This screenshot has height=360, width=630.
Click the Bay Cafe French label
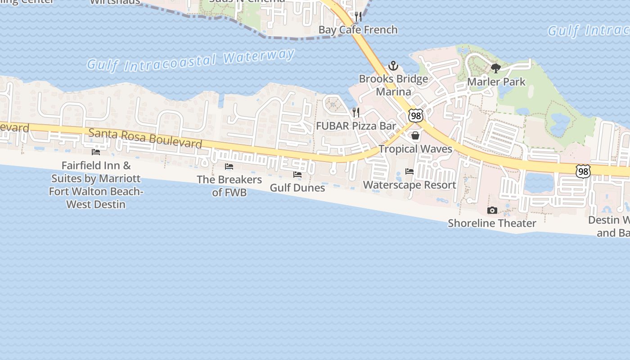click(x=358, y=30)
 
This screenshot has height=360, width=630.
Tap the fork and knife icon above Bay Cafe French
click(x=358, y=17)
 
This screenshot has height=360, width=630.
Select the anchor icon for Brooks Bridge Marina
click(x=393, y=66)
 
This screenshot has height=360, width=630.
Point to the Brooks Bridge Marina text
click(x=393, y=85)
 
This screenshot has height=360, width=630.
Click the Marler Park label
click(x=496, y=82)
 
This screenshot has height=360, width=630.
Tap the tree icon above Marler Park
click(x=496, y=69)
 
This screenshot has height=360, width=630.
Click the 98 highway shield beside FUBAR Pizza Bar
click(x=416, y=116)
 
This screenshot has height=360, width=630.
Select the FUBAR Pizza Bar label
click(x=356, y=126)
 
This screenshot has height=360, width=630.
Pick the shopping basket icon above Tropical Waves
click(x=415, y=135)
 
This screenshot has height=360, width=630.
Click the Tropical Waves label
click(x=415, y=148)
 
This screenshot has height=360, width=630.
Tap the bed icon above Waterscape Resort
click(x=409, y=171)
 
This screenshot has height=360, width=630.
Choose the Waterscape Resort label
click(x=409, y=185)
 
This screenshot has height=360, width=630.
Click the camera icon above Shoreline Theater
click(x=492, y=210)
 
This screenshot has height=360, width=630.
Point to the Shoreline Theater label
click(x=492, y=223)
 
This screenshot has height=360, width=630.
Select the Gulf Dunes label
click(x=297, y=188)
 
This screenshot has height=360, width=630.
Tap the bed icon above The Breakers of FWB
click(x=229, y=166)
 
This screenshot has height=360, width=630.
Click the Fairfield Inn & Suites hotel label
click(x=95, y=185)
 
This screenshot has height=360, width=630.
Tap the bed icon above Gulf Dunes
click(x=297, y=175)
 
